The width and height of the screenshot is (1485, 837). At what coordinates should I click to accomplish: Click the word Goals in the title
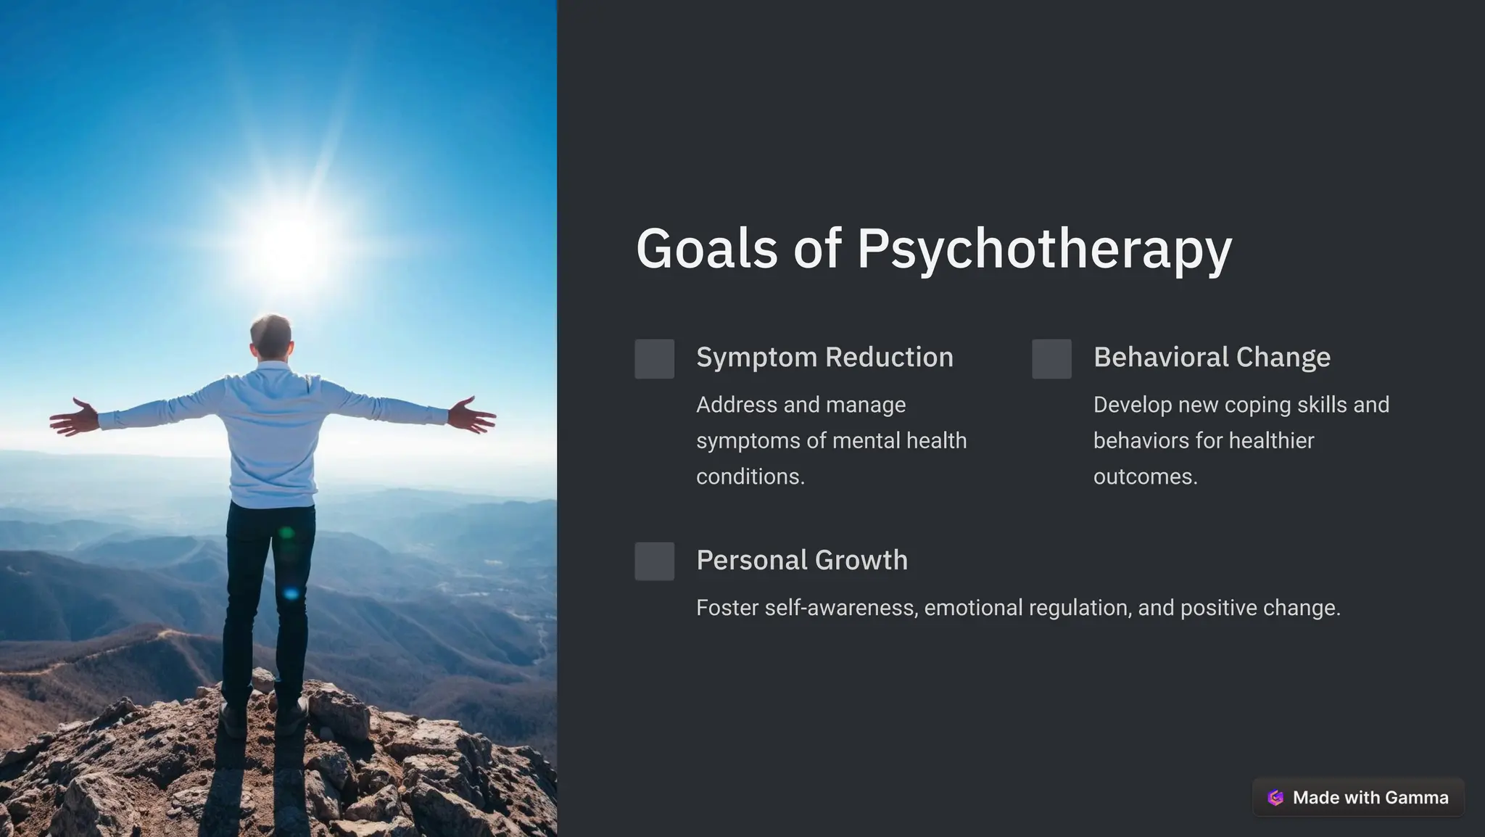tap(706, 249)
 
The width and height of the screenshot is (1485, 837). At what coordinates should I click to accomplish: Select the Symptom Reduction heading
tap(824, 358)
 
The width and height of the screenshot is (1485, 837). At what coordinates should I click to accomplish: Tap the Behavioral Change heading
tap(1212, 358)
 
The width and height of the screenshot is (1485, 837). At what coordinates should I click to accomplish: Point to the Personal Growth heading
tap(801, 560)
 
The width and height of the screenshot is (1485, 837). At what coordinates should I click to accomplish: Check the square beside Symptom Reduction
tap(654, 358)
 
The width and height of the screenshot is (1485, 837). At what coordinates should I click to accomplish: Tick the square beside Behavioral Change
tap(1051, 358)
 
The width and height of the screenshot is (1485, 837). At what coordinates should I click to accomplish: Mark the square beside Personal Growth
tap(654, 561)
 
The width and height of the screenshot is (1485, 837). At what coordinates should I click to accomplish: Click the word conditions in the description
tap(750, 477)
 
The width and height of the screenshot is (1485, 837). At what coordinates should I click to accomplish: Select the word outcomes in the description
tap(1145, 477)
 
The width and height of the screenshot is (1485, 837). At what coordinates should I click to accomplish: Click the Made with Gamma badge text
tap(1370, 798)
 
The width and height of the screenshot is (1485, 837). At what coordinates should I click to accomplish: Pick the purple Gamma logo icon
tap(1275, 798)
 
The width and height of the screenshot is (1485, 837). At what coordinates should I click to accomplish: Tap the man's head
tap(271, 335)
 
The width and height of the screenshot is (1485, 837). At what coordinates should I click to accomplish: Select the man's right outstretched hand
tap(473, 416)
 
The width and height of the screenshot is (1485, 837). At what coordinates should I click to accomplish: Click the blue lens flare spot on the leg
tap(291, 593)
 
